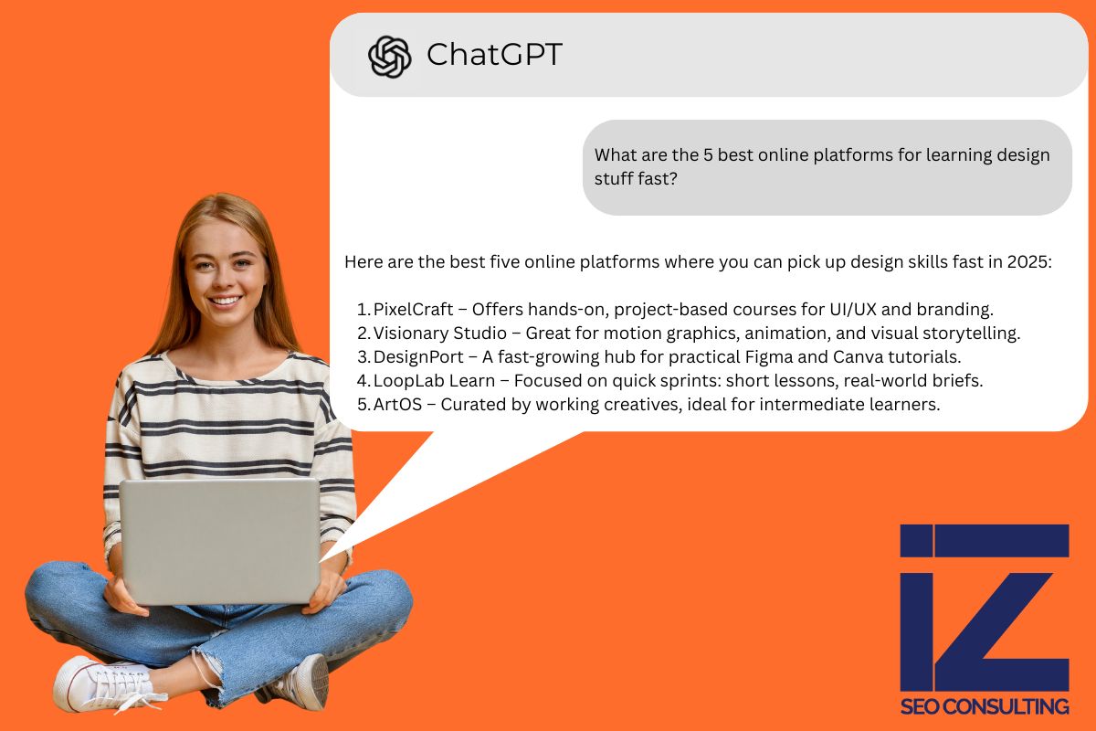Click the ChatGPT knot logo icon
point(390,57)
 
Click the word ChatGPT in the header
point(494,56)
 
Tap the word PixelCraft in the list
point(414,309)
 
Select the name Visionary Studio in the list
point(440,333)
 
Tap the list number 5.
point(363,404)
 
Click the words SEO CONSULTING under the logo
point(985,706)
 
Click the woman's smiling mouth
point(225,300)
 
